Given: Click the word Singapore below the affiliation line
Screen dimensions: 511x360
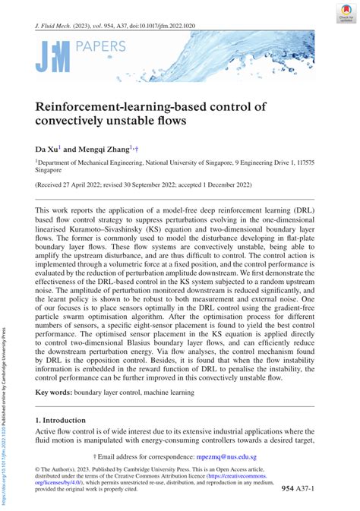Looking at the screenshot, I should [x=50, y=171].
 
